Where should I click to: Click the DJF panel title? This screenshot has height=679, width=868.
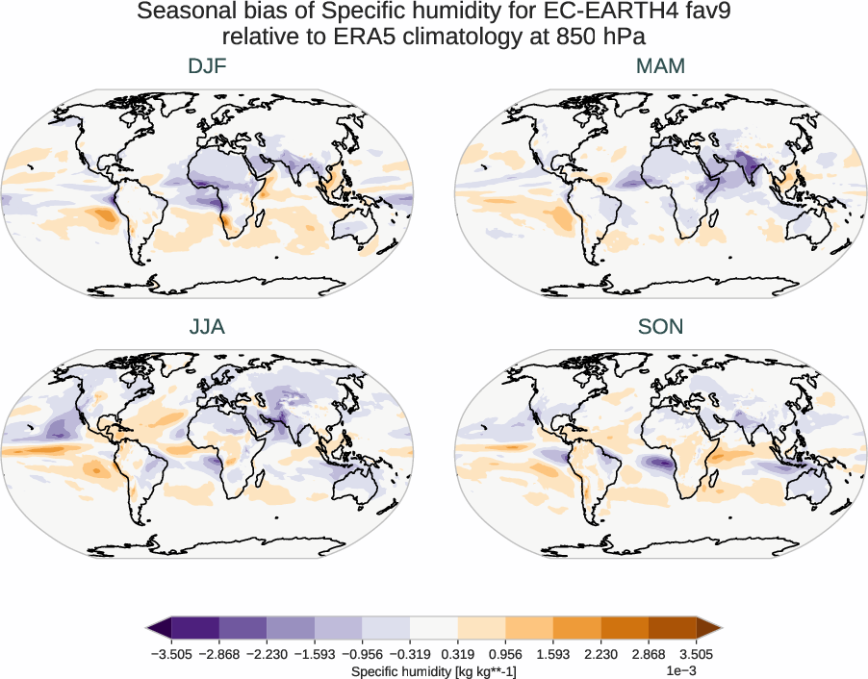pos(207,66)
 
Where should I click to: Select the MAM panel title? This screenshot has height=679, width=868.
pos(661,66)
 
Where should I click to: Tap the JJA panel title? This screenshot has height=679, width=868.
pos(207,327)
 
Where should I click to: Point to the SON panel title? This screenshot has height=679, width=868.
pos(661,327)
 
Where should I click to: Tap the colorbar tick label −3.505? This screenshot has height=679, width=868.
pos(171,654)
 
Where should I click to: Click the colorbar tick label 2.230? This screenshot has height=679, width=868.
pos(601,654)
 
